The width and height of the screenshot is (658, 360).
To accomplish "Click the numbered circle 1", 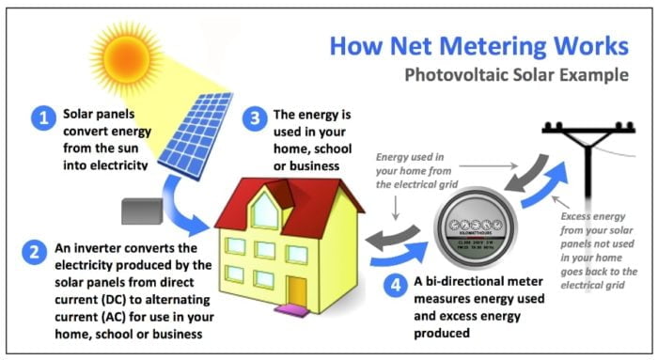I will point(42,118).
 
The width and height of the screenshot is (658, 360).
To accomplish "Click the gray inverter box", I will point(143,211).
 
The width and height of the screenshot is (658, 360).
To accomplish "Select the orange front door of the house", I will point(298,289).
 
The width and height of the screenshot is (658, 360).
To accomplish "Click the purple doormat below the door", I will point(298,308).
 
